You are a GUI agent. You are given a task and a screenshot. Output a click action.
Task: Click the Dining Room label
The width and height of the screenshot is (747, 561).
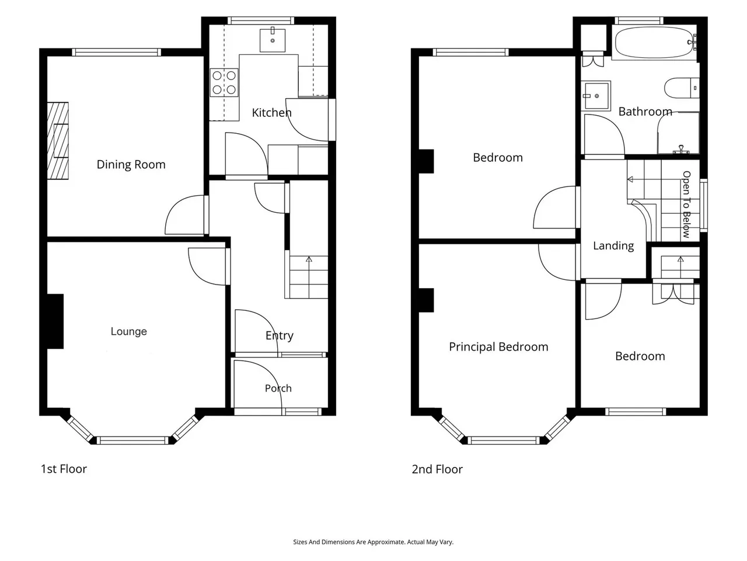click(131, 165)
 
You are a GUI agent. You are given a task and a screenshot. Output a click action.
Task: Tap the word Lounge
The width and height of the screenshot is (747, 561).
click(128, 331)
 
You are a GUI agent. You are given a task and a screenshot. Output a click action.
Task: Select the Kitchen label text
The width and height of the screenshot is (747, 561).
click(271, 112)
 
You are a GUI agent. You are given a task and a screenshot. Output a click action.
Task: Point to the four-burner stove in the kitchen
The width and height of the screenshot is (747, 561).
click(224, 82)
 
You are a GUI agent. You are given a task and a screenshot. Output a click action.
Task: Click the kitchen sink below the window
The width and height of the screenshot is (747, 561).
click(273, 40)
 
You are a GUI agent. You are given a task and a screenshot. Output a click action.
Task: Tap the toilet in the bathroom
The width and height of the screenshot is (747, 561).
click(681, 88)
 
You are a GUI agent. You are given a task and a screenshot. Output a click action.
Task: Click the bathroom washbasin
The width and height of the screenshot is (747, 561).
click(596, 96)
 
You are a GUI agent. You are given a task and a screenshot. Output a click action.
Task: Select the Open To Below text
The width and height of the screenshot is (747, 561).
click(686, 205)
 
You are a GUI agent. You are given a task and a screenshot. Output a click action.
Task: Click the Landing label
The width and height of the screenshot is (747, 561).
click(613, 246)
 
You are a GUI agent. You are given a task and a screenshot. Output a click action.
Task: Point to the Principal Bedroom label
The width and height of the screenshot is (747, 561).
click(498, 347)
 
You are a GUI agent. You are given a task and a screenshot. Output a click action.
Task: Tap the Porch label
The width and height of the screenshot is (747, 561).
click(278, 388)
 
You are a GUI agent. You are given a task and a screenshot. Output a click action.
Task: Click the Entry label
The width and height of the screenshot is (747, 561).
click(280, 336)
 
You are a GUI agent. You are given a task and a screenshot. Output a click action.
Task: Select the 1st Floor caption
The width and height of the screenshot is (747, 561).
click(64, 469)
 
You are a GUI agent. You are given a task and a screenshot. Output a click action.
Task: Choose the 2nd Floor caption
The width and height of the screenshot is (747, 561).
click(437, 469)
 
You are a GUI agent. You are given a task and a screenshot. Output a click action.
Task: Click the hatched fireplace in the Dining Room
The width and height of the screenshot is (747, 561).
click(58, 141)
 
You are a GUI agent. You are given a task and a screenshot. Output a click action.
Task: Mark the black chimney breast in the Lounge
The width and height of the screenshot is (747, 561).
click(55, 321)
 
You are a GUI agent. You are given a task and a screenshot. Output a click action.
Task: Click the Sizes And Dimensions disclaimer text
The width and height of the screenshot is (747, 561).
click(373, 542)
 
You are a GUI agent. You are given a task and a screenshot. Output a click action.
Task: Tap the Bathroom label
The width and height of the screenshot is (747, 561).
click(645, 112)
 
